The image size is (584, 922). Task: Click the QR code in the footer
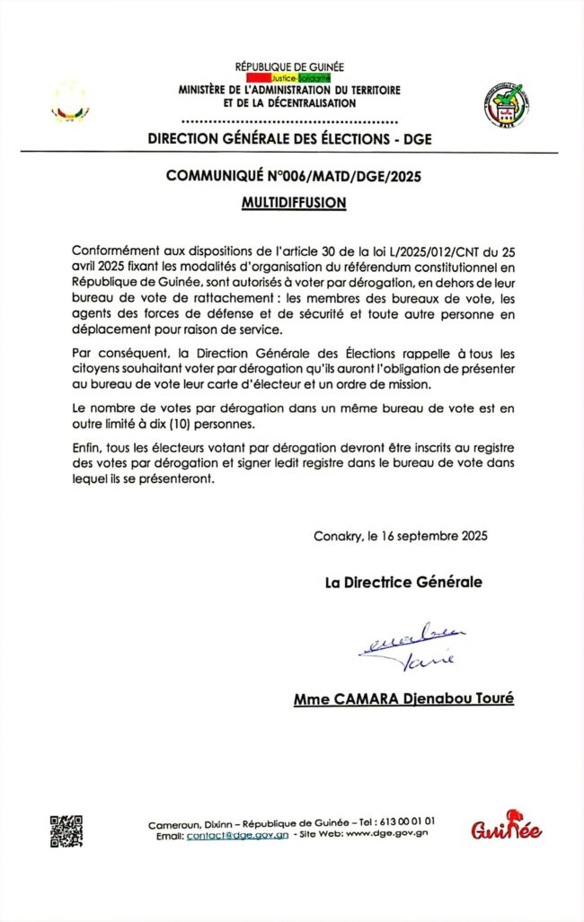66,831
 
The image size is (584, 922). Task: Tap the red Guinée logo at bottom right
507,826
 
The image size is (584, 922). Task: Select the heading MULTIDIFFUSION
293,203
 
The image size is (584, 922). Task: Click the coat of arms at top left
69,100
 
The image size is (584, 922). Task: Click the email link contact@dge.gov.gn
236,835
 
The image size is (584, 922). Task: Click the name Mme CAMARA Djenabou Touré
403,698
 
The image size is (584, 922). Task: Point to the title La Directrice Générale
403,582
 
